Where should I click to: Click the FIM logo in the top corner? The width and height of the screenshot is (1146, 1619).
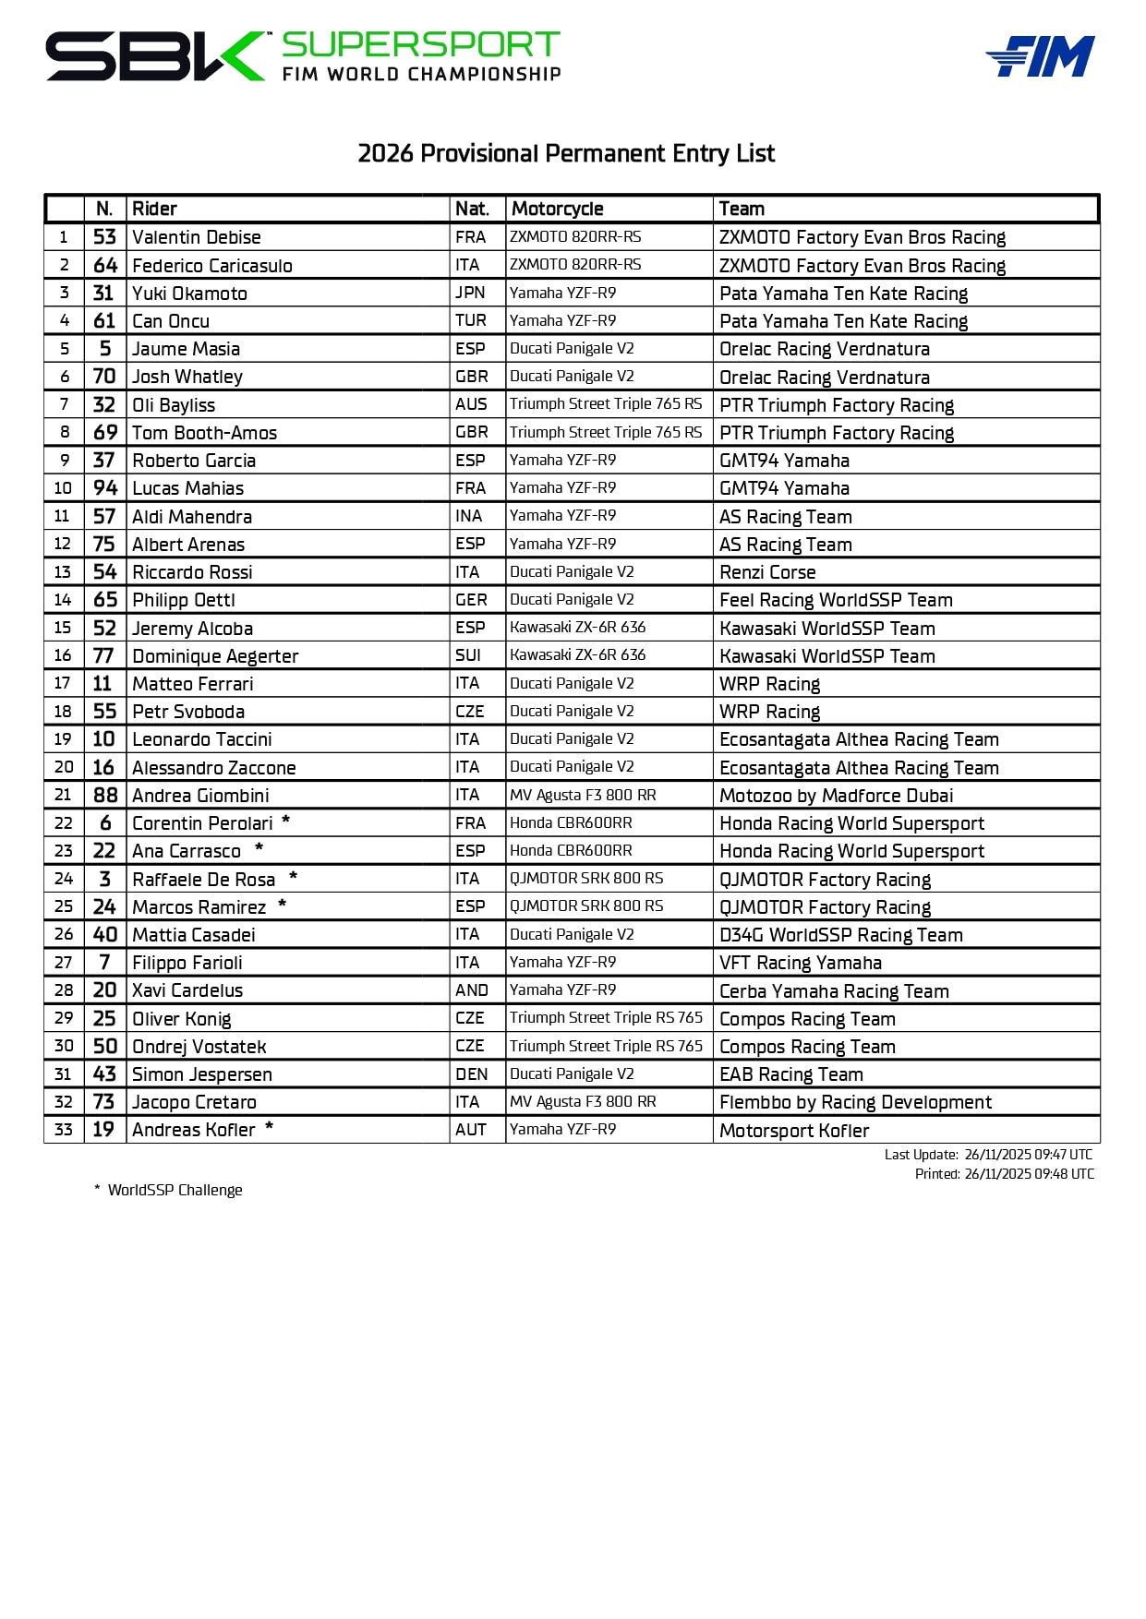[x=1041, y=56]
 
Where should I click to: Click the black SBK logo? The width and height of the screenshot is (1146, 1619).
[x=155, y=56]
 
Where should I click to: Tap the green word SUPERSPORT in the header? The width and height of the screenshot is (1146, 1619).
[x=420, y=44]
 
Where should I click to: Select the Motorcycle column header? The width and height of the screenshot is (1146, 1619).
[x=557, y=209]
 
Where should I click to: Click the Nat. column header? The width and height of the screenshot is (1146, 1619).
[x=472, y=209]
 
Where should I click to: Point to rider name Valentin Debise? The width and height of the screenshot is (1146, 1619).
[x=197, y=237]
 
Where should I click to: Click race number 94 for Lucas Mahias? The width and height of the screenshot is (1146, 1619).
[x=105, y=488]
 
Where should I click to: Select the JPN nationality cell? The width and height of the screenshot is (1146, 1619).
[x=470, y=293]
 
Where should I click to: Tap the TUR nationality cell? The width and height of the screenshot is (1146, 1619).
[x=470, y=320]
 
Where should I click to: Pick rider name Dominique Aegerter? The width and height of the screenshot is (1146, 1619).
[x=215, y=656]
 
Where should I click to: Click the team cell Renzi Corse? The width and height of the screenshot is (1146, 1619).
[x=767, y=572]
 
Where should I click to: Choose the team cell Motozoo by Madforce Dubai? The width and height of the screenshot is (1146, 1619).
[x=836, y=796]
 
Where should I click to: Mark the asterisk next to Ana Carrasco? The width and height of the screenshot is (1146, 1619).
[x=259, y=848]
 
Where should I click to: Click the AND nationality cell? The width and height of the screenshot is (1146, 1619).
[x=471, y=990]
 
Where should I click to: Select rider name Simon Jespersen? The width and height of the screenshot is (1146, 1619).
[x=202, y=1074]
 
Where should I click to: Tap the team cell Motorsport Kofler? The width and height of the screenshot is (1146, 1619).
[x=794, y=1131]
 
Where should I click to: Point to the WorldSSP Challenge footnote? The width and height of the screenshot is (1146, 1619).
[x=175, y=1190]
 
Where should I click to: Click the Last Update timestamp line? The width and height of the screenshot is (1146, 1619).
[x=988, y=1155]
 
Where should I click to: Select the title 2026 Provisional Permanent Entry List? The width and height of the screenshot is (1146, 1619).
[x=566, y=153]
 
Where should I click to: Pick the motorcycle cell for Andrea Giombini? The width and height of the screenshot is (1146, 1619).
[x=583, y=795]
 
